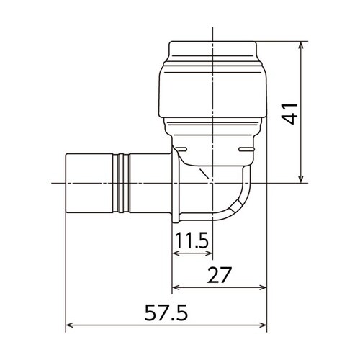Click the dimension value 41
tap(290, 114)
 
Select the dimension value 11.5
tap(192, 240)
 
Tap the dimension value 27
tap(219, 275)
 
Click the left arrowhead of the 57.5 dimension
tap(70, 325)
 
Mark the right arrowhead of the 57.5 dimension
tap(264, 325)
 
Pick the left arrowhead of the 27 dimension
tap(176, 287)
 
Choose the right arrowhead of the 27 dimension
tap(264, 287)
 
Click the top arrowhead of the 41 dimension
tap(301, 45)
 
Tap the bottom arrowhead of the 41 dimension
tap(301, 179)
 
